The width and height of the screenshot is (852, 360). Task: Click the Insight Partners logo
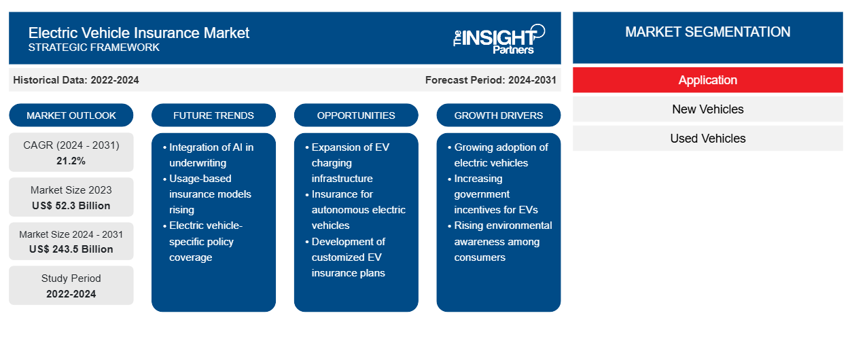tap(499, 39)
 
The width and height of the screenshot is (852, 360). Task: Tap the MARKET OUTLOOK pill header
tap(71, 115)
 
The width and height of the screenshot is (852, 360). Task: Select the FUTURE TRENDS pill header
tap(213, 115)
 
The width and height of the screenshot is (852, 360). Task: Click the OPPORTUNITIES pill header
tap(356, 115)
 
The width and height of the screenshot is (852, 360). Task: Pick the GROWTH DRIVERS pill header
tap(498, 115)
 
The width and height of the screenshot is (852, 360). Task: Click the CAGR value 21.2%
tap(71, 161)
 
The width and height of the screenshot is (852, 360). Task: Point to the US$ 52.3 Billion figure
tap(71, 206)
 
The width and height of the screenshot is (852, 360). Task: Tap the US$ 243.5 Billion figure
tap(71, 249)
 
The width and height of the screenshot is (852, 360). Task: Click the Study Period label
tap(71, 278)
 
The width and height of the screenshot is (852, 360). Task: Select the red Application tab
tap(708, 80)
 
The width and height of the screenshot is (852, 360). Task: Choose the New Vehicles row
tap(708, 109)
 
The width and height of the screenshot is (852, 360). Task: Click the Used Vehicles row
tap(708, 139)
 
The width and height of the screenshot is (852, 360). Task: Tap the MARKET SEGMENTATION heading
tap(708, 32)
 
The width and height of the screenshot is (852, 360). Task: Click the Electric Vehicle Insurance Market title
tap(139, 33)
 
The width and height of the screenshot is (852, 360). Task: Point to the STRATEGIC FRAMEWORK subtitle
tap(94, 48)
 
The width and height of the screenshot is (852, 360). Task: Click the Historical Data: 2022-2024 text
tap(76, 80)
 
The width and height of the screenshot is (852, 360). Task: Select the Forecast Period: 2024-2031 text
tap(491, 80)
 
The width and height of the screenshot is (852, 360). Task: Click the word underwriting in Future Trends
tap(198, 163)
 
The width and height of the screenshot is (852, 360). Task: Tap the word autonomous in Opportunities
tap(338, 210)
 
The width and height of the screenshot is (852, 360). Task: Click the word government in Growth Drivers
tap(482, 194)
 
